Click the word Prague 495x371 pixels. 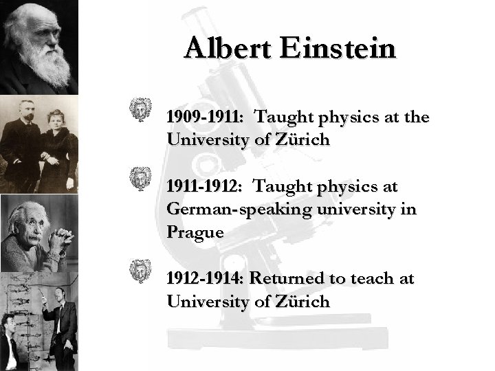[x=195, y=232]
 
